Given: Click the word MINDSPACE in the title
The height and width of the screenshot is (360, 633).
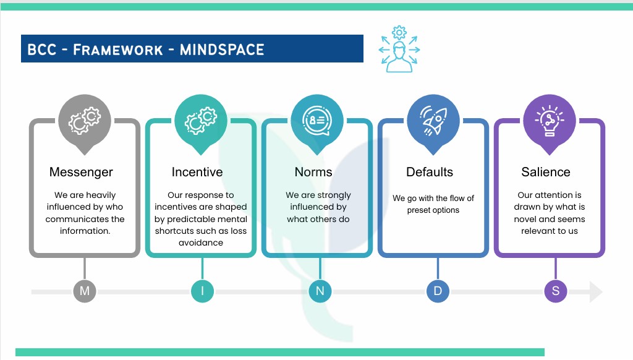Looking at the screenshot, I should (221, 49).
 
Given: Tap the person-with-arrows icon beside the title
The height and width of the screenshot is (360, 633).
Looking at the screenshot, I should (399, 49).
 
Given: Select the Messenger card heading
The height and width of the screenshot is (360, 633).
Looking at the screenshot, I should (81, 172).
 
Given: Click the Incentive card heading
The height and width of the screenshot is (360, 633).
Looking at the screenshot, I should (197, 172).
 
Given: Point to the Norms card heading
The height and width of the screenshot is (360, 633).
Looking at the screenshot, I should (313, 172).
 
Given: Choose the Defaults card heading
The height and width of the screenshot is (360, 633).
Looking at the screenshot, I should (430, 172).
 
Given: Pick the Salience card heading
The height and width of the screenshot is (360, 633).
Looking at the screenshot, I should (546, 172).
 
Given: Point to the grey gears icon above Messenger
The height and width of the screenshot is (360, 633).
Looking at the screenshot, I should (85, 120).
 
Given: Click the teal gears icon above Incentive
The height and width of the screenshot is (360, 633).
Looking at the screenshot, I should (201, 120).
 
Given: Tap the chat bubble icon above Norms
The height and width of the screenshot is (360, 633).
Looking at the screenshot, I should (317, 120).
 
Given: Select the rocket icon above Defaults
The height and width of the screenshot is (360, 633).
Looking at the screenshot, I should (433, 120).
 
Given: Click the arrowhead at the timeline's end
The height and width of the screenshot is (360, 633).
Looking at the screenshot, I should (595, 292).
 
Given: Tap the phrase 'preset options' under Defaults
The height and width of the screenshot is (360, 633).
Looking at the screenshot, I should (433, 210).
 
